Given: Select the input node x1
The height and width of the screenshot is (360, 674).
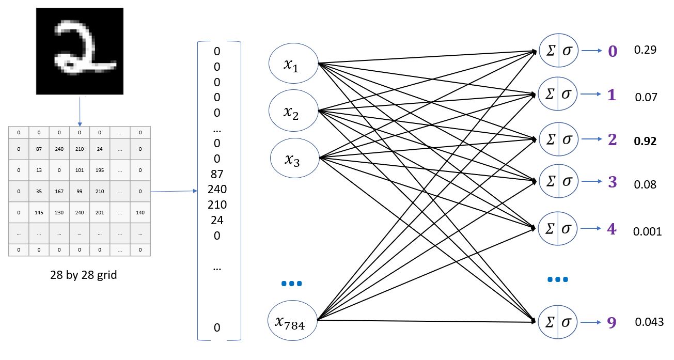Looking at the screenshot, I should [x=292, y=64].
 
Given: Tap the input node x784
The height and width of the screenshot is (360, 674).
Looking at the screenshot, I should [x=292, y=321].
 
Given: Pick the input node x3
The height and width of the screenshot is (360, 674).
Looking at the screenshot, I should [x=292, y=158].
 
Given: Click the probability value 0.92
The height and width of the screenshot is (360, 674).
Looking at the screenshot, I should [x=645, y=141].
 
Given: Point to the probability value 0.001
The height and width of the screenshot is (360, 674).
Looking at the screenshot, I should [x=647, y=231].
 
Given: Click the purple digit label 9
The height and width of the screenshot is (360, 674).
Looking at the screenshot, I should [x=612, y=322].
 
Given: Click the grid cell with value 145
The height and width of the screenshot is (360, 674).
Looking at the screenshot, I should [x=39, y=212].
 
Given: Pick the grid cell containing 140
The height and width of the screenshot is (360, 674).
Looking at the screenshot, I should [x=140, y=212].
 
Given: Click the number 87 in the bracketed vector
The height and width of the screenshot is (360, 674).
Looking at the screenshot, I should [x=217, y=174].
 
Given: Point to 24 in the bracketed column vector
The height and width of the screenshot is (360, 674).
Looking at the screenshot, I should [x=217, y=220].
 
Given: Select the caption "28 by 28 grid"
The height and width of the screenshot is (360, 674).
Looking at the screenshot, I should [x=84, y=275].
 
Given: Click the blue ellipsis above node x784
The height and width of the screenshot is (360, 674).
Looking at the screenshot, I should [x=291, y=284].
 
